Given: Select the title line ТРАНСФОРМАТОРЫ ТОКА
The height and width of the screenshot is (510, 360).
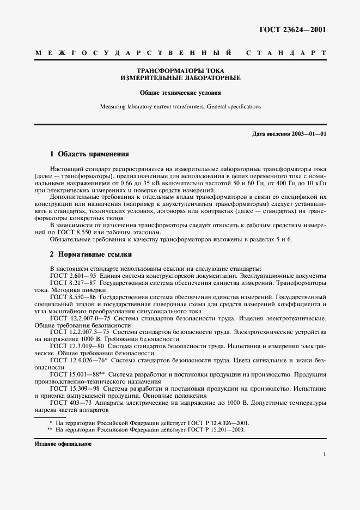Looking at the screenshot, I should [180, 71].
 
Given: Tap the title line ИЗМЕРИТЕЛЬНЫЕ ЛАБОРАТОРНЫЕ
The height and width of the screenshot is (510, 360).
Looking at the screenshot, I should [180, 78].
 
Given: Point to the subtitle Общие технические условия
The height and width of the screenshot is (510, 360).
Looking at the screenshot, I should [180, 93].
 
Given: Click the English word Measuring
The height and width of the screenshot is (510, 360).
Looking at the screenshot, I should [113, 107].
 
